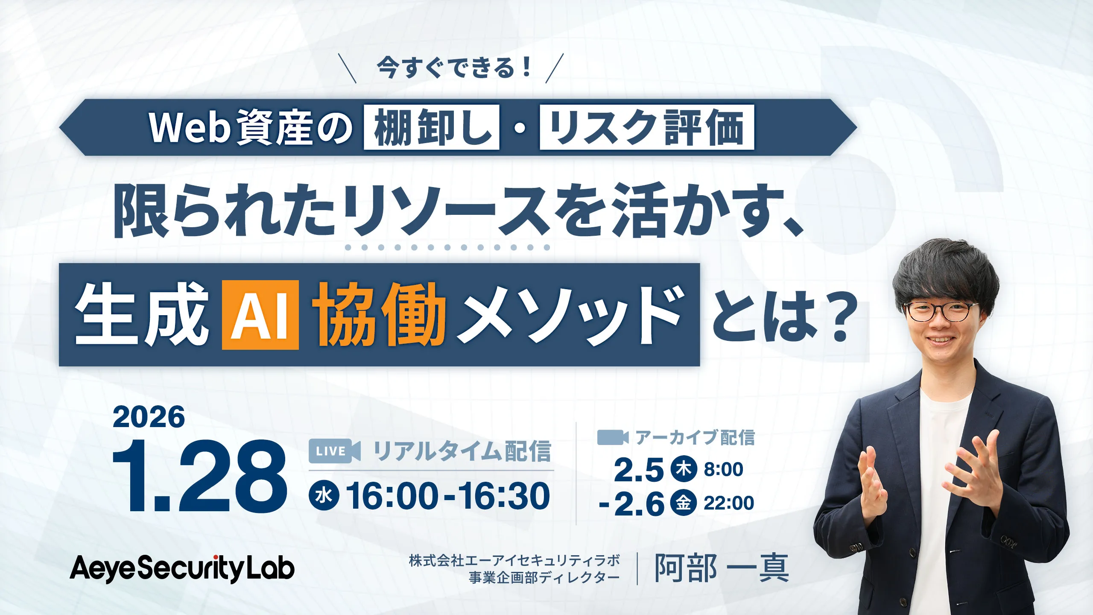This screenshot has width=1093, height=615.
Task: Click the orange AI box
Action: click(x=260, y=315)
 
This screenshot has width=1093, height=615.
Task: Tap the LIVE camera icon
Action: click(x=334, y=451)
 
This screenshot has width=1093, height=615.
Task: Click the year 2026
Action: click(x=149, y=417)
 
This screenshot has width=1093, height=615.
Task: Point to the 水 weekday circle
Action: click(x=324, y=495)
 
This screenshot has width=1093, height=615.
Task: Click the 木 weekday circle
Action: click(x=684, y=469)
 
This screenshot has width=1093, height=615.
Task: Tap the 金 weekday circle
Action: click(x=684, y=502)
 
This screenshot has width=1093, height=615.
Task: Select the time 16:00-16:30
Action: click(x=448, y=495)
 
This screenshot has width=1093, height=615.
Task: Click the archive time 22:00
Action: click(x=728, y=503)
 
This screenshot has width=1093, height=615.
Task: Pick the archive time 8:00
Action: click(x=723, y=469)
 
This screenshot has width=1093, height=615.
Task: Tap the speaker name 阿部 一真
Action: click(x=722, y=568)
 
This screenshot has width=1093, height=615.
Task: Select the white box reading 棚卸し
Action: click(x=431, y=127)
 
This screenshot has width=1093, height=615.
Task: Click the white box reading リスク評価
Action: click(x=646, y=127)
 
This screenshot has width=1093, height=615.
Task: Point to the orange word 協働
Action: click(x=379, y=315)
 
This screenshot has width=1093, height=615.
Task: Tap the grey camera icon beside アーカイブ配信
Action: click(x=613, y=437)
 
